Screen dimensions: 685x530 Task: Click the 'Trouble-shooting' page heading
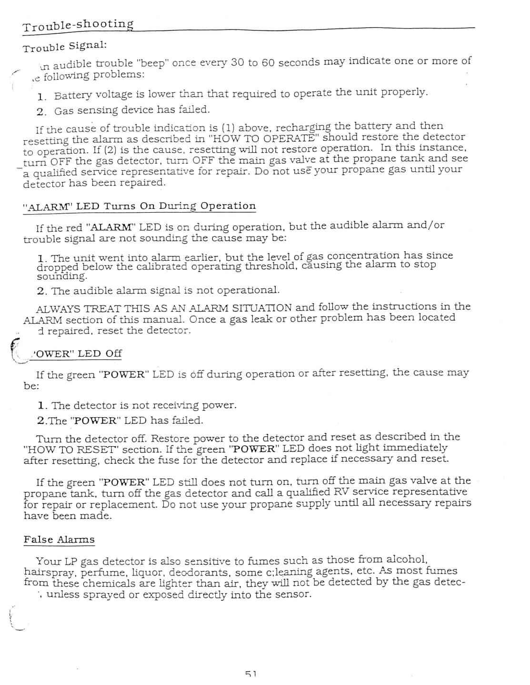click(x=78, y=25)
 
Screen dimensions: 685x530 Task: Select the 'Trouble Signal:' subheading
click(x=64, y=46)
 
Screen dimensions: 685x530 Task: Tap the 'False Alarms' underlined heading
click(x=59, y=539)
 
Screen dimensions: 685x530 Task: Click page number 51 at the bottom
click(x=250, y=674)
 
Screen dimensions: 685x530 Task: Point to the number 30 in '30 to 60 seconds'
click(x=237, y=62)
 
